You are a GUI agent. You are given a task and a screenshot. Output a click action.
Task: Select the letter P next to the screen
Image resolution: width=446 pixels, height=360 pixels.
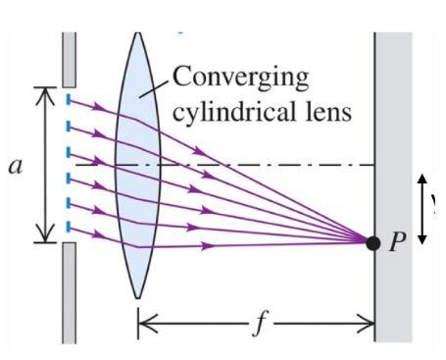click(396, 242)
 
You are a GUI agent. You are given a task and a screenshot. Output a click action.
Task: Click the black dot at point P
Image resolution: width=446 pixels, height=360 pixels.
click(372, 242)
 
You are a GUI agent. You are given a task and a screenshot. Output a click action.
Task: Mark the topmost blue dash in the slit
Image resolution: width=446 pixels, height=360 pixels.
click(68, 99)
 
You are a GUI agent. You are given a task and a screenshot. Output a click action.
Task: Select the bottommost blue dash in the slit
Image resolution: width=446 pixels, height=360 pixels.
click(68, 228)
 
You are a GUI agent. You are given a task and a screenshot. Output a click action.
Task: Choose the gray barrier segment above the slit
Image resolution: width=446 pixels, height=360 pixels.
click(68, 58)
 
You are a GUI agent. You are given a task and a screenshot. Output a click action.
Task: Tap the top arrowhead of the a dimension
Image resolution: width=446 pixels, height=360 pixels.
click(43, 91)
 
